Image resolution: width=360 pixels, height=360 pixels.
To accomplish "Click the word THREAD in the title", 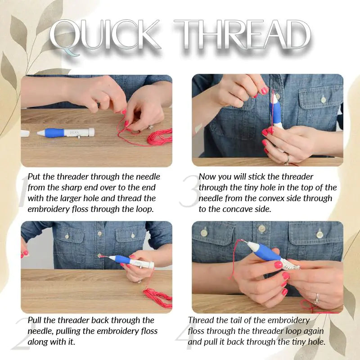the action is point(242,35).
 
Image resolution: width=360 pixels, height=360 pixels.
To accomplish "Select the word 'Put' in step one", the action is point(34,177).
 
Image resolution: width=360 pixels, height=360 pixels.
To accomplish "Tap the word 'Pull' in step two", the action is point(35,320).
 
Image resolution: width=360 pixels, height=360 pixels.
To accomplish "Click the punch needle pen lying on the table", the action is point(66,133).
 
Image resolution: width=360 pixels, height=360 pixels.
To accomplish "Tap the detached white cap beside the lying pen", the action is point(25,133).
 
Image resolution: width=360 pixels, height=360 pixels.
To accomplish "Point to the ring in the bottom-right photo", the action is point(317,298).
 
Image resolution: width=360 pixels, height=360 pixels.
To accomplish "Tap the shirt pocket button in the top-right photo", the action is point(323,99).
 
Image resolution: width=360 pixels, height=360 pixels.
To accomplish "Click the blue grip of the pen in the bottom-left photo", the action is point(122,259).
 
